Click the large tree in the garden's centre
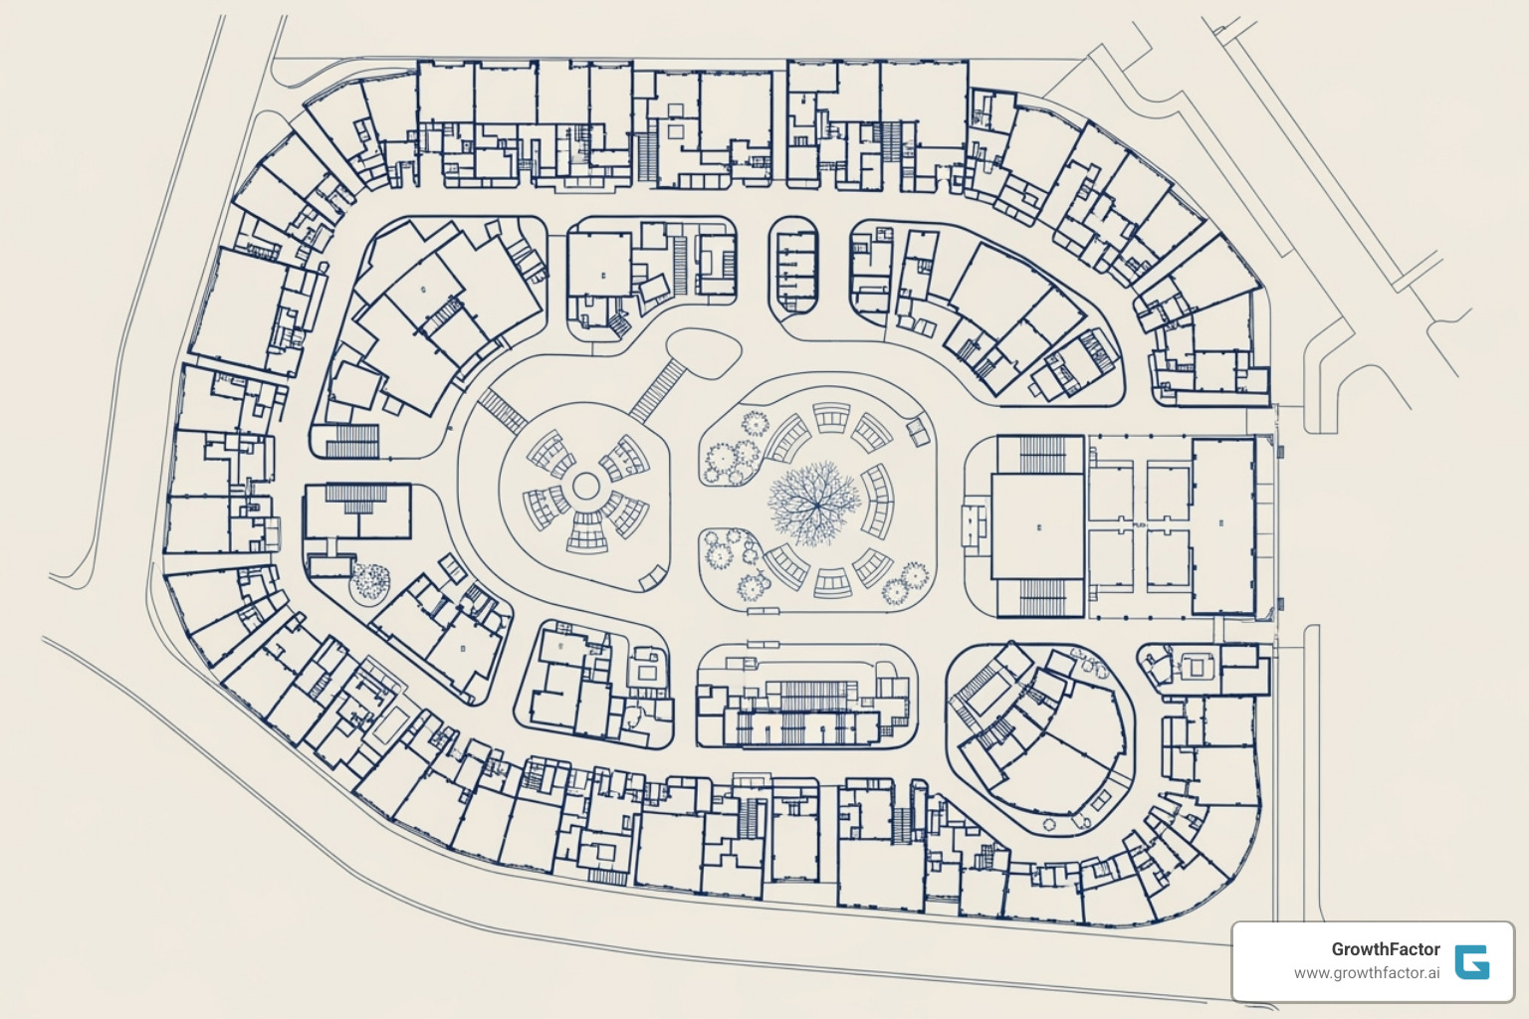point(814,502)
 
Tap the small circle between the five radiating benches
point(586,487)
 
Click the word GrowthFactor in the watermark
point(1386,949)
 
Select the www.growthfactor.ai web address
point(1366,973)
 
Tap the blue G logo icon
point(1471,961)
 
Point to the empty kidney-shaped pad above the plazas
point(704,352)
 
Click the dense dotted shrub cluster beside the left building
point(370,581)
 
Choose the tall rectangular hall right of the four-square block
point(1223,525)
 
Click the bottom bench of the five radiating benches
point(586,537)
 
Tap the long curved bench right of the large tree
point(878,500)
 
